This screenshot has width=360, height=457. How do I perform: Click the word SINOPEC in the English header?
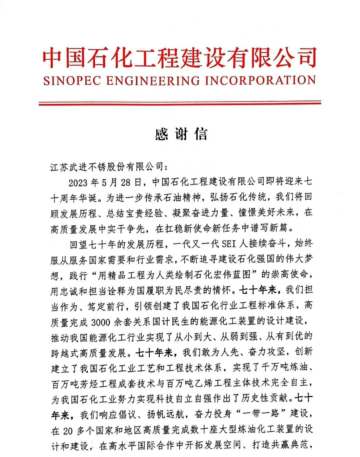tap(72, 81)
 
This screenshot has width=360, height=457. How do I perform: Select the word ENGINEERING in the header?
tap(153, 81)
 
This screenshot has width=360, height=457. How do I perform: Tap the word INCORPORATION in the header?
tap(260, 81)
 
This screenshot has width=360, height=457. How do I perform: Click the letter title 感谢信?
tap(181, 134)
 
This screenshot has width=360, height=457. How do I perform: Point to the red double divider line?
tap(180, 103)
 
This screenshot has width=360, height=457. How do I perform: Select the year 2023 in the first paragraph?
tap(78, 183)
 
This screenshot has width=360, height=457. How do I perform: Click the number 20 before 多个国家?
tap(68, 431)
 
